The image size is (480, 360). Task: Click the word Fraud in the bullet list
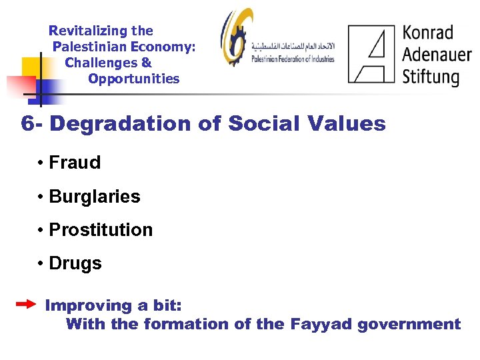pos(75,163)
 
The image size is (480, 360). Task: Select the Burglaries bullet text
pos(95,197)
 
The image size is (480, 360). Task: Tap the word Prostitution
pos(101,230)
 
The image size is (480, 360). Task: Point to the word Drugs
pos(75,263)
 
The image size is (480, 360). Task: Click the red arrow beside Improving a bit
pos(26,305)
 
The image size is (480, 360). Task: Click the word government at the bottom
pos(409,325)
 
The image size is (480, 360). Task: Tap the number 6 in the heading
pos(27,124)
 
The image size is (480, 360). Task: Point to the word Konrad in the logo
pos(428,33)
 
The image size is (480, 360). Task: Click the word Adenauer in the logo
pos(436,54)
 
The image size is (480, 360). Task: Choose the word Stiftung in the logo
pos(431,75)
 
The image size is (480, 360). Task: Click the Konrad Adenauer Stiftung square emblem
pos(371,53)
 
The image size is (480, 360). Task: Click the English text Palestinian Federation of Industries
pos(293,59)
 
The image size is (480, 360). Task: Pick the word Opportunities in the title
pos(133,79)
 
